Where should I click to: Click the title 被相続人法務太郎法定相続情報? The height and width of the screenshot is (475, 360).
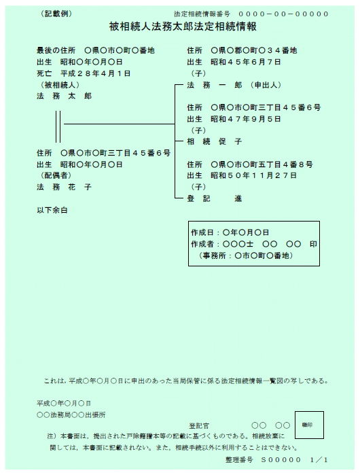pos(183,27)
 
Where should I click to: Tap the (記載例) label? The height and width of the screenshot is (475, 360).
pos(56,14)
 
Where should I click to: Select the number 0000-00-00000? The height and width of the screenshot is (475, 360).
pos(283,14)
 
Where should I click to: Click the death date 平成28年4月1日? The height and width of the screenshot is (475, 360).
pos(95,73)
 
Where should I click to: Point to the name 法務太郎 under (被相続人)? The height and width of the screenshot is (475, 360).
pos(64,96)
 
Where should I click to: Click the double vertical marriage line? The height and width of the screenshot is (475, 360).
pos(58,126)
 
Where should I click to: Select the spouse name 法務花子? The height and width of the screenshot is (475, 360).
pos(64,187)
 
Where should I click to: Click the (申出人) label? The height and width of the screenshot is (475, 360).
pos(266,85)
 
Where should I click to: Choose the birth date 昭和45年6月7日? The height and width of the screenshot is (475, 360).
pos(246,62)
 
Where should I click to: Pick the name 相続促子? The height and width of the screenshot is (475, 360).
pos(215,141)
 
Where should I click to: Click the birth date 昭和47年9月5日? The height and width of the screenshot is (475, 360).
pos(246,119)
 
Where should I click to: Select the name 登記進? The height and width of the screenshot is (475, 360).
pos(215,198)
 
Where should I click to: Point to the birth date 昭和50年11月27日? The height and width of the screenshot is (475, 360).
pos(254,176)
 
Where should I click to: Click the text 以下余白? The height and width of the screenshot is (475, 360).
pos(52,210)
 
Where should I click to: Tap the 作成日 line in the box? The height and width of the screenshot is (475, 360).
pos(230,232)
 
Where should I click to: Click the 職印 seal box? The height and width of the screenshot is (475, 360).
pos(309,425)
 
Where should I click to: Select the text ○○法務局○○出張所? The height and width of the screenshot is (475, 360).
pos(71,415)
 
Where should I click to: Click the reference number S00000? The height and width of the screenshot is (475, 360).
pos(281,460)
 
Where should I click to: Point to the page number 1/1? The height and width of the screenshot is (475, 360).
pos(319,460)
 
